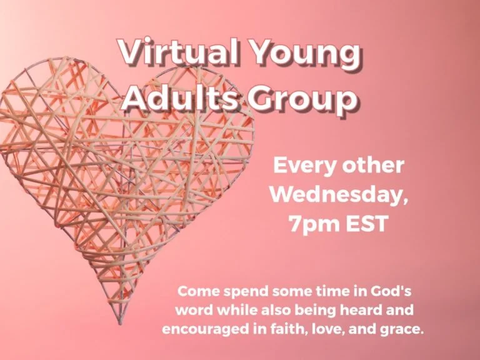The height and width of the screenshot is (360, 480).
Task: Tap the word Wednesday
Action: pos(339,196)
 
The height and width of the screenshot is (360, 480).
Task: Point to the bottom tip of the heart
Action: pos(120,324)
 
